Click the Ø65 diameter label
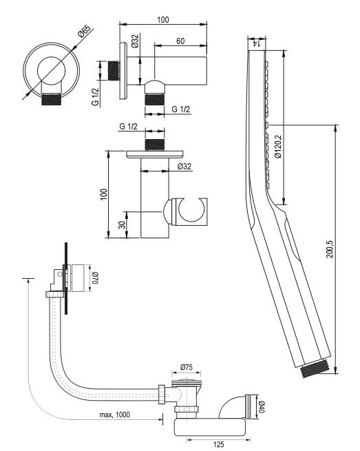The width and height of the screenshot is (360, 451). click(84, 31)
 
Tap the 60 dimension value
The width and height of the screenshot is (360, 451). click(180, 41)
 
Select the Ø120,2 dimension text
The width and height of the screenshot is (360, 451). click(278, 147)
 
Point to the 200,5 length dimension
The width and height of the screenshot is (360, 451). click(330, 249)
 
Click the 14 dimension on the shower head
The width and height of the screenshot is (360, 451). click(256, 43)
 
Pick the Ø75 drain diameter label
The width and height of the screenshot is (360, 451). click(187, 367)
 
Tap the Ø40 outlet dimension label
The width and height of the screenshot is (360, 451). click(261, 407)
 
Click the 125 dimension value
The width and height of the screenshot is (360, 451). click(218, 444)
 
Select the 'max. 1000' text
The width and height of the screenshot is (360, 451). click(114, 415)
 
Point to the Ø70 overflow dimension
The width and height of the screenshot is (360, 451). click(95, 278)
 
